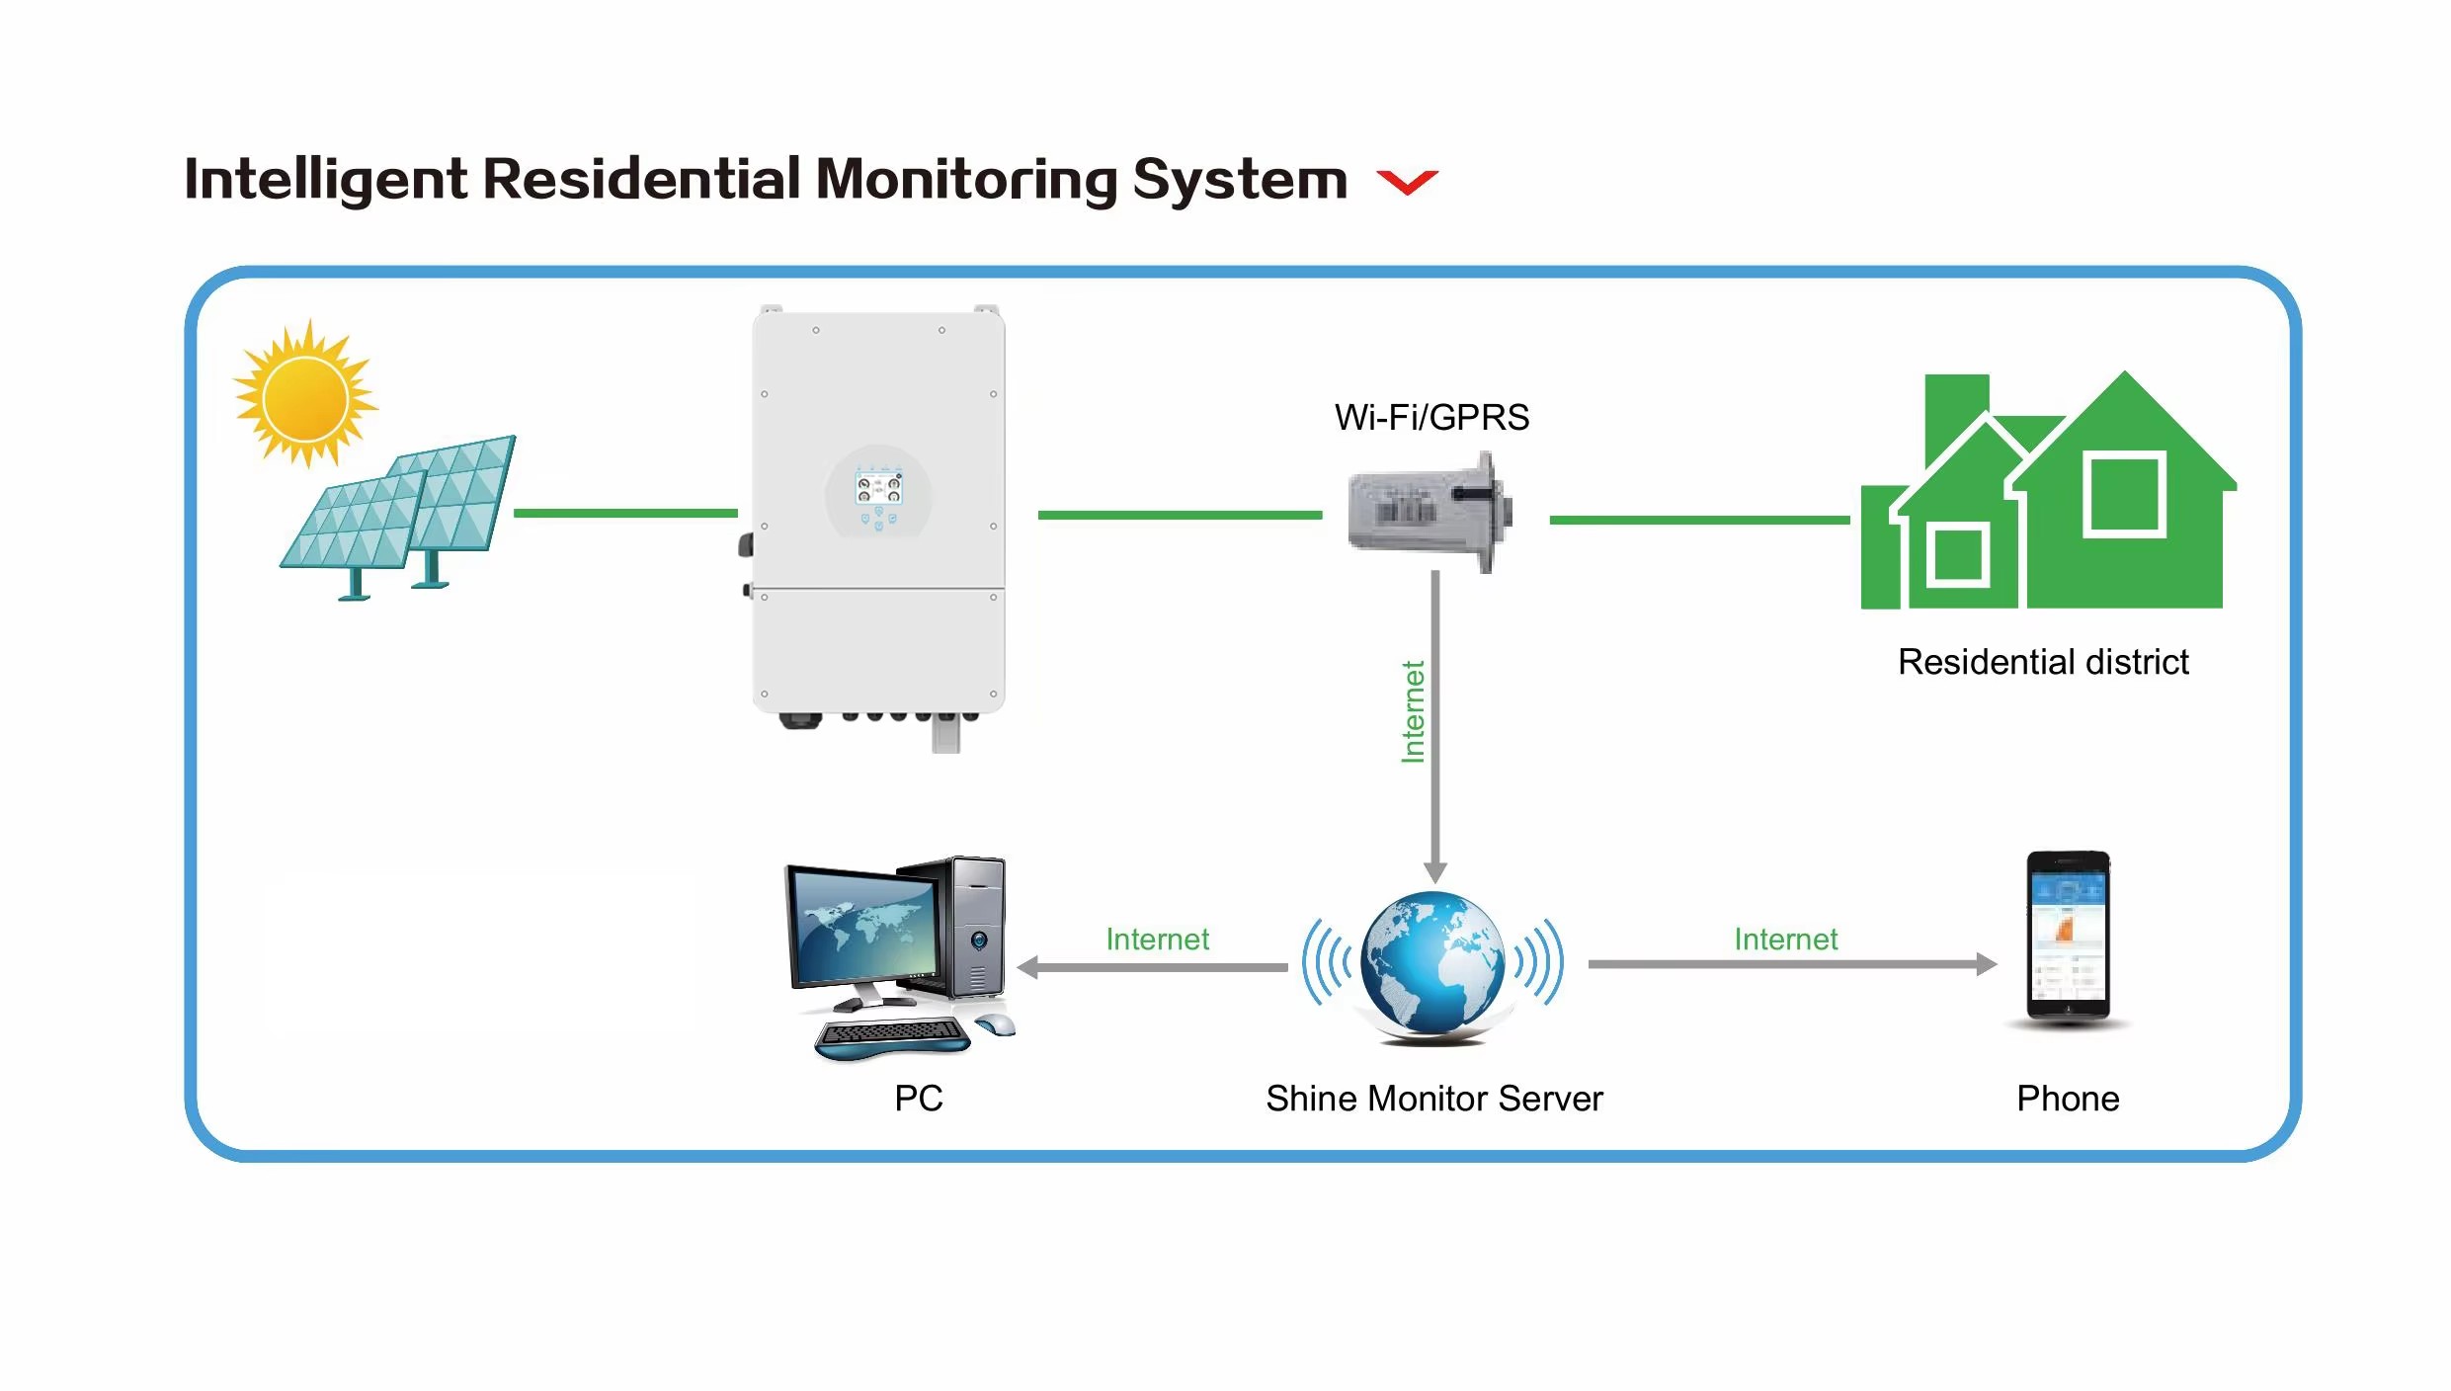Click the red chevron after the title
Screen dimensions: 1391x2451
1407,182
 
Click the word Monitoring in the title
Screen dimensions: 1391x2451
967,180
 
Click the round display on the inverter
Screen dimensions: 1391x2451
878,492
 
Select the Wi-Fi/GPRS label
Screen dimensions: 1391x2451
1431,418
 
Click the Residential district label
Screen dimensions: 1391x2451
2043,662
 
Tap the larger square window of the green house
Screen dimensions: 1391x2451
2124,494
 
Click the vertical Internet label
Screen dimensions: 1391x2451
1414,711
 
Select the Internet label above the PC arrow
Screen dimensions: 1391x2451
1157,939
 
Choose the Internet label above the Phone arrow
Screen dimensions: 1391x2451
1786,939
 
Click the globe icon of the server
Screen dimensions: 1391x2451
1432,963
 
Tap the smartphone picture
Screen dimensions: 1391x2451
2068,936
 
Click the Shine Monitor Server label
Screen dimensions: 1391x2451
1434,1099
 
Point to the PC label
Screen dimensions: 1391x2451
919,1099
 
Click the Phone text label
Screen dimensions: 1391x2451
2068,1099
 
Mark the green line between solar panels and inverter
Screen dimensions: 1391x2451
625,513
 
